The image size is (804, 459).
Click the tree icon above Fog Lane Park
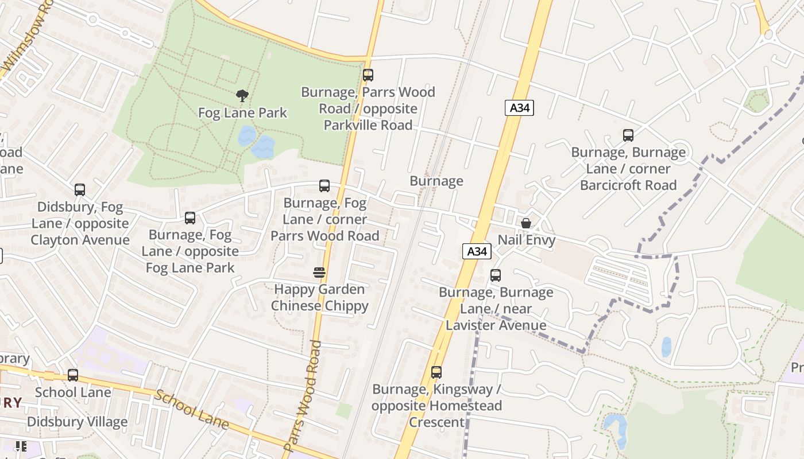tap(242, 96)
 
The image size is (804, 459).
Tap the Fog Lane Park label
tap(242, 112)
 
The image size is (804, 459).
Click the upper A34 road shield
tap(519, 108)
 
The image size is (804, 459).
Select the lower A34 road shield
tap(477, 251)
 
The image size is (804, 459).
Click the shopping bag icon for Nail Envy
tap(525, 223)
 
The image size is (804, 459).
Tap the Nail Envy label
tap(526, 240)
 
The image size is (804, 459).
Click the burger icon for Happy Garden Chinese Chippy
tap(319, 272)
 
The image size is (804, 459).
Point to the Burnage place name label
tap(436, 181)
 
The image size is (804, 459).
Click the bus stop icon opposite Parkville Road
tap(368, 75)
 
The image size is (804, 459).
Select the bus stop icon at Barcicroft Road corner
tap(628, 135)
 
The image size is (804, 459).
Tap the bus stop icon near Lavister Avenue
tap(496, 275)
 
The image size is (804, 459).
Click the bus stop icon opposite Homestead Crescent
tap(436, 372)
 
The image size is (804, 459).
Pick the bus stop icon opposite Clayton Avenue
tap(80, 190)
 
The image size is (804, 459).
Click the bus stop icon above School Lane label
tap(73, 375)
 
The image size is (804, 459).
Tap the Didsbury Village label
tap(77, 422)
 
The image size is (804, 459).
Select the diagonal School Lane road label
tap(192, 410)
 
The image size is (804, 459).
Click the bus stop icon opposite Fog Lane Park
tap(190, 218)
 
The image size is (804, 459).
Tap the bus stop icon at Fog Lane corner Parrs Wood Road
tap(324, 186)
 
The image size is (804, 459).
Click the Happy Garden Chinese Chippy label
tap(319, 297)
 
